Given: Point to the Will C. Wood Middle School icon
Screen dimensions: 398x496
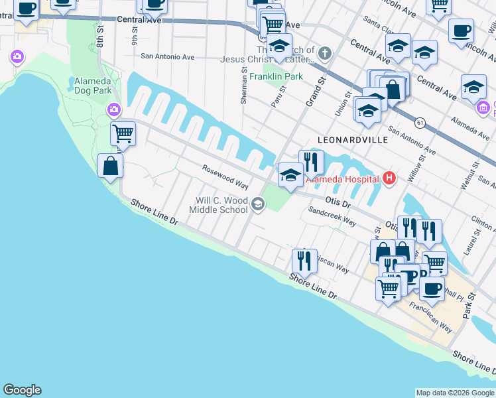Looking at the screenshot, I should point(258,205).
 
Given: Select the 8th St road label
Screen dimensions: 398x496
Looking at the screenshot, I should point(100,37).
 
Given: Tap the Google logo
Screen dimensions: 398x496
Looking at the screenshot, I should point(22,390).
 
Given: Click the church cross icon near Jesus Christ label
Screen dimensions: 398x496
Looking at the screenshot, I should point(325,52).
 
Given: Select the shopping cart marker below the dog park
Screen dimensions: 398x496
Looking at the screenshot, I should point(123,133).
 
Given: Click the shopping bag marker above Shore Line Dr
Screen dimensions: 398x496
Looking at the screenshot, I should point(110,166).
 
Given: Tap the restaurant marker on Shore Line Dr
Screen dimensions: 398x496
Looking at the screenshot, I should point(304,261).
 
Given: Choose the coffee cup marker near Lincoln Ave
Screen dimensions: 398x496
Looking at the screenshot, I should point(461,31).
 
